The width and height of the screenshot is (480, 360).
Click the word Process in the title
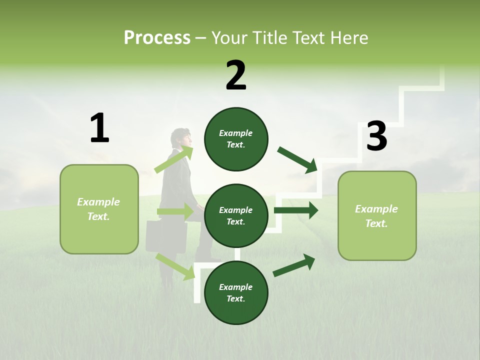(157, 37)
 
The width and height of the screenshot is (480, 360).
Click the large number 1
(100, 127)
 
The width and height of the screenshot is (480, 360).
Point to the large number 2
(236, 75)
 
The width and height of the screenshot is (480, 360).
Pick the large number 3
(377, 135)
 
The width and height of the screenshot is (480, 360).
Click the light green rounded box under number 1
(99, 209)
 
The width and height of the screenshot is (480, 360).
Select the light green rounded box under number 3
(377, 216)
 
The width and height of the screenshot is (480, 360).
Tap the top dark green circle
(236, 139)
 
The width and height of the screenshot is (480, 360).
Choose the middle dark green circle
(236, 216)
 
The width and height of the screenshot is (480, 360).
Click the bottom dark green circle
(236, 292)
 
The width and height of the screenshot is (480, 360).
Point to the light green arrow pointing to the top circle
(174, 159)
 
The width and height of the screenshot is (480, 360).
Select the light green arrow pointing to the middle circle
(175, 211)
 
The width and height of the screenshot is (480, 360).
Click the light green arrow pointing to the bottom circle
(175, 267)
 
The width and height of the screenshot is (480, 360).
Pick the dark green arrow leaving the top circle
(297, 160)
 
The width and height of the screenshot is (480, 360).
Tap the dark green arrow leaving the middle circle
(296, 210)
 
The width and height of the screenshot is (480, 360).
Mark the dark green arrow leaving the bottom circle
(294, 265)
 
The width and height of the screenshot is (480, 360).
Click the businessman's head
(181, 138)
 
